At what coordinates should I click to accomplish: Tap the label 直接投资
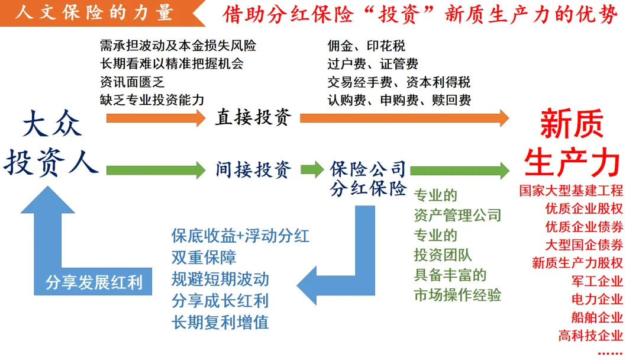pos(253,117)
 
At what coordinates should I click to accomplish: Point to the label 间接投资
pos(253,170)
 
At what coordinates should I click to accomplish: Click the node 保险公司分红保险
pos(368,179)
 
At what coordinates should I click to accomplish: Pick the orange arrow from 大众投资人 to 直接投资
pos(156,117)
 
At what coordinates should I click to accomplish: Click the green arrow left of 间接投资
pos(156,171)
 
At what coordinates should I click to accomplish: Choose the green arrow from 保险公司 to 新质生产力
pos(459,171)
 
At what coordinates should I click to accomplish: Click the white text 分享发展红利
pos(94,282)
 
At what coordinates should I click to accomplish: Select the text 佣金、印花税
pos(366,46)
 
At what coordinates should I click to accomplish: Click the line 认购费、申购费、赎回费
pos(399,100)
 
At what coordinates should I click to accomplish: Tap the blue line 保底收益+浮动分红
pos(240,236)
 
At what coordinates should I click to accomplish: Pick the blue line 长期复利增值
pos(220,322)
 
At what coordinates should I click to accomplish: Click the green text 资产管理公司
pos(457,215)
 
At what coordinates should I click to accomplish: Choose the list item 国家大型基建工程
pos(571,191)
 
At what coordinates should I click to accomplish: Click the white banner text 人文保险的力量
pos(95,12)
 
